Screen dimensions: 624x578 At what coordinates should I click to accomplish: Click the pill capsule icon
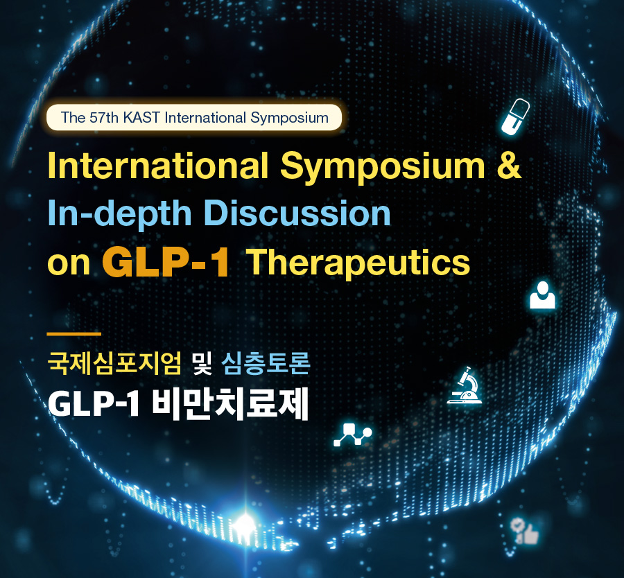click(x=515, y=116)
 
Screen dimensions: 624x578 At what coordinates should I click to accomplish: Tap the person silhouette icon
click(x=542, y=295)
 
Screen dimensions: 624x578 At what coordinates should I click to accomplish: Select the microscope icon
click(x=465, y=385)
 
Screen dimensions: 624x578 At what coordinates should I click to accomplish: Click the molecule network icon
click(x=353, y=434)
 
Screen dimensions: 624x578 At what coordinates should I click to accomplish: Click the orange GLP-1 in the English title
click(x=166, y=263)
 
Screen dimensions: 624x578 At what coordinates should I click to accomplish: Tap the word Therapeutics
click(x=359, y=263)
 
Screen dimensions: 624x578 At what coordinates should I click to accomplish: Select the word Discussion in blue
click(x=297, y=213)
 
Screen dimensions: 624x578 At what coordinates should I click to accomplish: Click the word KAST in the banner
click(x=141, y=118)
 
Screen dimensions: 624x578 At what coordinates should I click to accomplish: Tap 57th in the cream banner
click(x=104, y=118)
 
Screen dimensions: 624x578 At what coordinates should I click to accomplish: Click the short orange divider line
click(x=74, y=334)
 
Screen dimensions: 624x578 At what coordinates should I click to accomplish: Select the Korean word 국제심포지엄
click(x=114, y=363)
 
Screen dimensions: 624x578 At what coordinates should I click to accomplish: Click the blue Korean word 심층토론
click(x=266, y=363)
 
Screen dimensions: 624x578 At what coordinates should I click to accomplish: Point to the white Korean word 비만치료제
click(x=230, y=403)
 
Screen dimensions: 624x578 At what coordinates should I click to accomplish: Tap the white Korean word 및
click(x=202, y=363)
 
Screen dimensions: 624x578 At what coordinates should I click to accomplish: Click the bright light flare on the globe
click(x=244, y=523)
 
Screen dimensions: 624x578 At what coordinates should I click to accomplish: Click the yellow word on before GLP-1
click(x=69, y=264)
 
